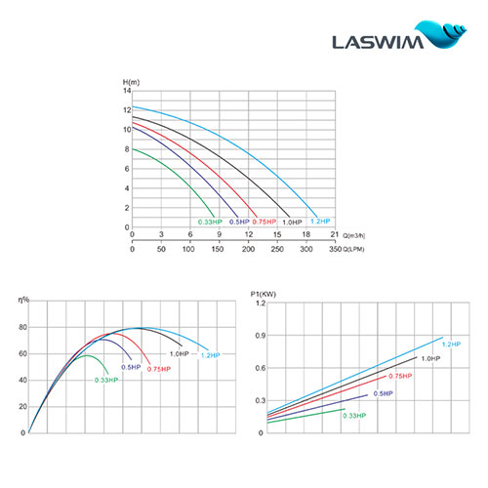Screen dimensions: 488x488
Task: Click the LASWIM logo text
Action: click(384, 42)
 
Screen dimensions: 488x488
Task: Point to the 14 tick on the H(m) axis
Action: click(126, 90)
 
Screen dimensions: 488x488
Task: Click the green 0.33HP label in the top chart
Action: click(210, 223)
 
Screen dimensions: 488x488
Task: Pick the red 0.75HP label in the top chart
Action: click(259, 223)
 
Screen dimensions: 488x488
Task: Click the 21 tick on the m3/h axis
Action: click(334, 234)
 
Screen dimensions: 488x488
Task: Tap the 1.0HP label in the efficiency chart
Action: click(179, 352)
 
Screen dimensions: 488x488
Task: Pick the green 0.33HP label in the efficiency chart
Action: click(106, 379)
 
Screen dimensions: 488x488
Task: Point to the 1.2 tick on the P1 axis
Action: click(259, 304)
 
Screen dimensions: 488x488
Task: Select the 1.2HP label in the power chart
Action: click(450, 344)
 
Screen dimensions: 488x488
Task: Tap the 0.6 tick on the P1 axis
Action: click(259, 368)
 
